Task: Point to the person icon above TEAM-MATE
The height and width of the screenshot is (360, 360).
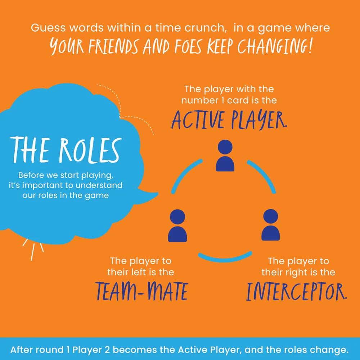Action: (x=177, y=226)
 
